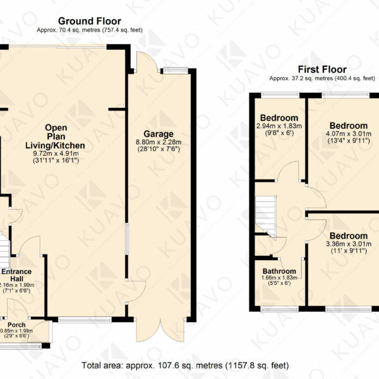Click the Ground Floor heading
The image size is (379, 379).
(x=90, y=21)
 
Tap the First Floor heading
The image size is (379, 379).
(x=322, y=69)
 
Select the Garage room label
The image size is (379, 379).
(x=159, y=134)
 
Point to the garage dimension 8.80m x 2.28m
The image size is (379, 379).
(x=159, y=142)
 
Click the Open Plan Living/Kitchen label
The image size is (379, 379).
(x=56, y=136)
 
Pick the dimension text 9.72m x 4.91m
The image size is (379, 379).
(x=56, y=153)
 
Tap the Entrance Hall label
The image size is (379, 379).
(x=16, y=275)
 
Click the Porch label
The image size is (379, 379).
(x=16, y=325)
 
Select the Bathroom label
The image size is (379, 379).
(x=279, y=271)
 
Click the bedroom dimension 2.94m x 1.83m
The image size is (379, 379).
(x=279, y=126)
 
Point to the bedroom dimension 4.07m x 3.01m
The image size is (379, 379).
(x=349, y=134)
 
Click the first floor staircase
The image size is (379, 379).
(x=266, y=216)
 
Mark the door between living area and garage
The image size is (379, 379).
(x=136, y=291)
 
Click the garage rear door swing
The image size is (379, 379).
(x=147, y=62)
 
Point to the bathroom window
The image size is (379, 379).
(x=279, y=309)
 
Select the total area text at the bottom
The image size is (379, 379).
(x=185, y=365)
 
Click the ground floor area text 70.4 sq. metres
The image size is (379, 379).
(x=90, y=30)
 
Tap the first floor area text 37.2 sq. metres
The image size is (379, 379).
(x=322, y=78)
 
